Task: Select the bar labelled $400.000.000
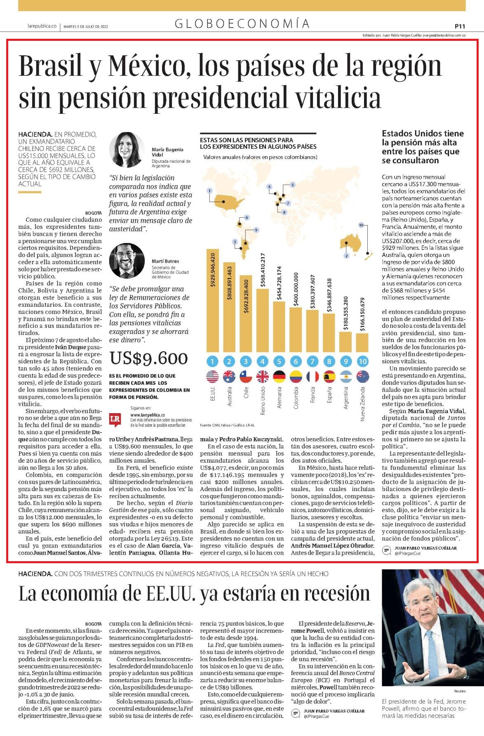[296, 329]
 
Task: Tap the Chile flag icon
[246, 376]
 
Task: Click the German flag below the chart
[279, 376]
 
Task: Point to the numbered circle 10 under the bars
[362, 362]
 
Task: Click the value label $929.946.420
[213, 270]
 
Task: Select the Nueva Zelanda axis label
[362, 404]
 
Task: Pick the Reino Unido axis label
[263, 400]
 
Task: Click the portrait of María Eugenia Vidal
[126, 150]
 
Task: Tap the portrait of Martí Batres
[127, 261]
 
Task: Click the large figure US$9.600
[148, 358]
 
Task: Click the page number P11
[460, 26]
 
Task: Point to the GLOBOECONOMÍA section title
[242, 24]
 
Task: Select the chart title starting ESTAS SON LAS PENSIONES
[258, 143]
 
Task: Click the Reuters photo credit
[460, 691]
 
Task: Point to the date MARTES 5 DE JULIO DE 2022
[86, 26]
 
